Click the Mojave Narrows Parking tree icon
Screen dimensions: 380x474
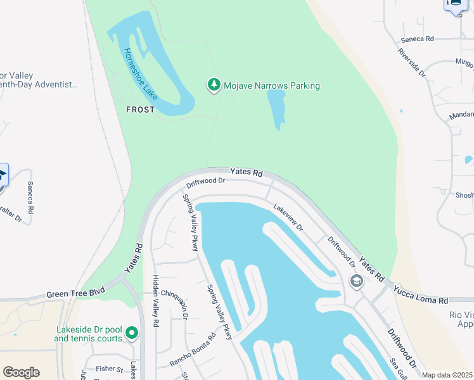(x=214, y=85)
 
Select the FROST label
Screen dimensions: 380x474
(x=140, y=110)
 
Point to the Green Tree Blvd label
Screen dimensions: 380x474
(x=75, y=294)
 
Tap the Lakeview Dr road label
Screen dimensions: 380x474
(x=288, y=217)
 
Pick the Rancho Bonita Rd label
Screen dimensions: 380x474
(x=193, y=350)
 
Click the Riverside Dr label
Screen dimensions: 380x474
(x=412, y=62)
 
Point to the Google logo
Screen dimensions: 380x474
(x=21, y=372)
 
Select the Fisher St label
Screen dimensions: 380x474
(x=110, y=369)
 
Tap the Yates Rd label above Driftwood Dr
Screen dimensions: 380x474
(x=246, y=172)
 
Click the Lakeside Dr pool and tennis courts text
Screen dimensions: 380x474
(x=89, y=334)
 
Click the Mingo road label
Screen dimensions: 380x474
(x=464, y=63)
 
